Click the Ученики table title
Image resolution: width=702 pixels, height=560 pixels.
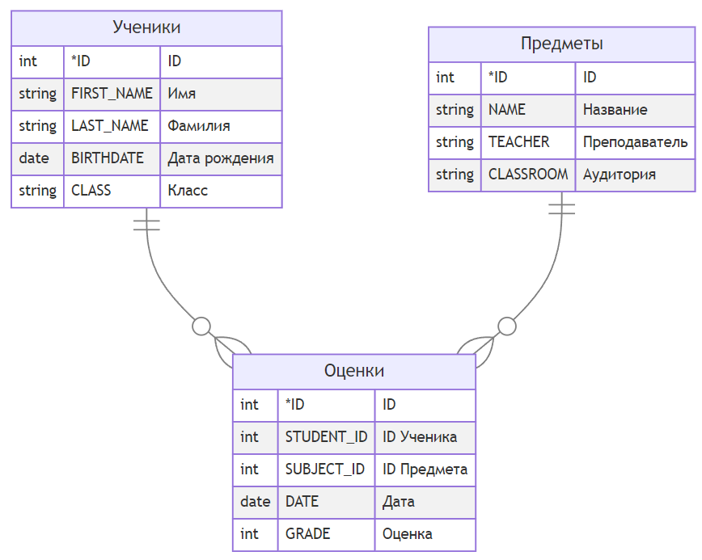[146, 27]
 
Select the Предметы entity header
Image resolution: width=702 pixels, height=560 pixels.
[562, 44]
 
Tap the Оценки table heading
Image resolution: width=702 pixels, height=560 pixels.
[354, 371]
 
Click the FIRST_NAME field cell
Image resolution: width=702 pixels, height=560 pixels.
[112, 94]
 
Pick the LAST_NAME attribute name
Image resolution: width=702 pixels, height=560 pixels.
[110, 126]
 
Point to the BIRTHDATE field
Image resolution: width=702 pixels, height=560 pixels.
[108, 158]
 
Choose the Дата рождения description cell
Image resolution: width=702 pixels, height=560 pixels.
[221, 158]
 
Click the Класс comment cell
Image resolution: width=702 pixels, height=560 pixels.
[188, 191]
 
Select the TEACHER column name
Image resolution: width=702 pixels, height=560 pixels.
[519, 141]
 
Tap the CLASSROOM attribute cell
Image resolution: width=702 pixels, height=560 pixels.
[528, 174]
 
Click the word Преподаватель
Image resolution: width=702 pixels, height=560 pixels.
[636, 142]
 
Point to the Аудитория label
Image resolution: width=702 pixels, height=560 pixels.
[620, 175]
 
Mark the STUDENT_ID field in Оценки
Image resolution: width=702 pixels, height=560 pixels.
[327, 436]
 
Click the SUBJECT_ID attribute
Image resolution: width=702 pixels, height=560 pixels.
[325, 469]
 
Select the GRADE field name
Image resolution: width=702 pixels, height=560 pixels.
[307, 533]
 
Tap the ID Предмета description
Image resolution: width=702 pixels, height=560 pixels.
[425, 469]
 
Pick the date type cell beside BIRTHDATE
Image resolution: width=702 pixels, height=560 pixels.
[34, 158]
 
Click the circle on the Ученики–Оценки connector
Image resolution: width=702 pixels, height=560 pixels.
[201, 326]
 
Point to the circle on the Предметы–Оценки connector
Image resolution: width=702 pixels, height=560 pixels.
[507, 326]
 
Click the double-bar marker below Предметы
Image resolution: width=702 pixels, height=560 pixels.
[561, 208]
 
